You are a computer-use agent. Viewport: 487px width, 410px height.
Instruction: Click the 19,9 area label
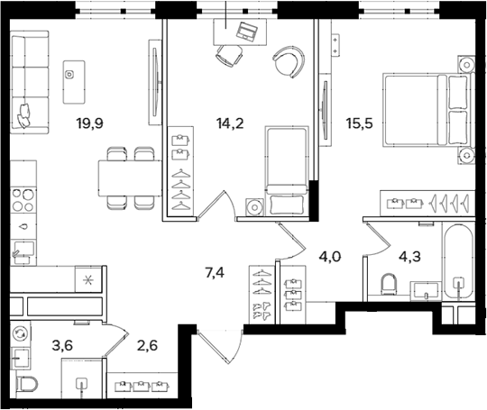pyautogui.click(x=90, y=123)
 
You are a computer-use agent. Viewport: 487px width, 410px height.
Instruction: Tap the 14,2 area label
pyautogui.click(x=230, y=123)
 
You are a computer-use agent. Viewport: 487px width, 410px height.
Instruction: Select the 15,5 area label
pyautogui.click(x=360, y=123)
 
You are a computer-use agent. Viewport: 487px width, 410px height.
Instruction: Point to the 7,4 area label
pyautogui.click(x=215, y=273)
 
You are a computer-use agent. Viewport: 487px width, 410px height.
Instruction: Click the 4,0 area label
pyautogui.click(x=330, y=257)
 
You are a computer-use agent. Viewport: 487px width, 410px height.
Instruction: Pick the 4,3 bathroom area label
pyautogui.click(x=410, y=257)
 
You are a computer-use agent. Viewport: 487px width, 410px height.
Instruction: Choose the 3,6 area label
pyautogui.click(x=63, y=345)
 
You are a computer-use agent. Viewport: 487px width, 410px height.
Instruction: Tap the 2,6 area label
pyautogui.click(x=148, y=345)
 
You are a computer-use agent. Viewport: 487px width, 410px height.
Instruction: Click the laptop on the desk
pyautogui.click(x=247, y=31)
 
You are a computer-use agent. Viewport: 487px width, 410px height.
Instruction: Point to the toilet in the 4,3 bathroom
pyautogui.click(x=389, y=284)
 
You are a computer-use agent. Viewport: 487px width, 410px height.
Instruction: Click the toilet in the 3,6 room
pyautogui.click(x=26, y=384)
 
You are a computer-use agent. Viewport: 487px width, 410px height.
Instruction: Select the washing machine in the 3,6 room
pyautogui.click(x=21, y=333)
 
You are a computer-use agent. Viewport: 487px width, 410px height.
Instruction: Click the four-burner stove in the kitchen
pyautogui.click(x=23, y=200)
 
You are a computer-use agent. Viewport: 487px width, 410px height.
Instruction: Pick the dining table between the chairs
pyautogui.click(x=131, y=178)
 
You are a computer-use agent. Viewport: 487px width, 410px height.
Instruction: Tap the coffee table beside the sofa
pyautogui.click(x=74, y=82)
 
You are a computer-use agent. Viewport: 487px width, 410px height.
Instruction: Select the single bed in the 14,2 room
pyautogui.click(x=287, y=170)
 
